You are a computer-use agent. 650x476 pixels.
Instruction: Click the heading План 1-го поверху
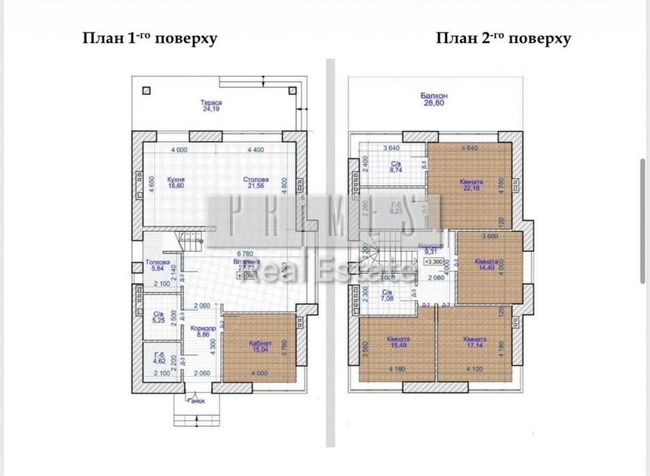[x=150, y=38]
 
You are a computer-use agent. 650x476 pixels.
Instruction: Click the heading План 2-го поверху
[x=503, y=38]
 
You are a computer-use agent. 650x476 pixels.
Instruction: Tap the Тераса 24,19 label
[x=212, y=105]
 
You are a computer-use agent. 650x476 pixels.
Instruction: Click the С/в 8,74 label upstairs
[x=394, y=168]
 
